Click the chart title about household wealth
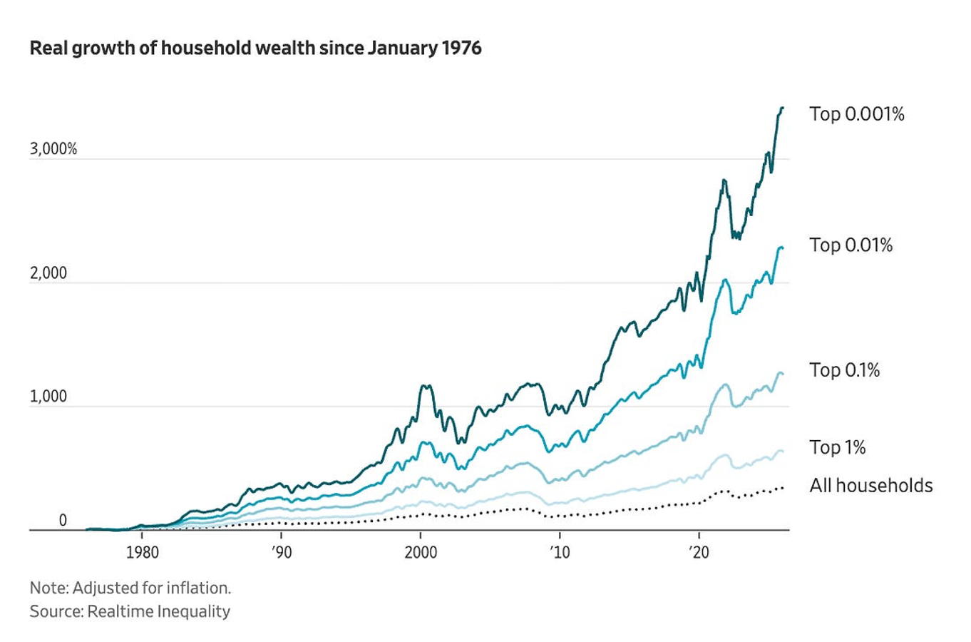[255, 49]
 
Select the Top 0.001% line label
[856, 114]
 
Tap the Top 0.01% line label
[851, 245]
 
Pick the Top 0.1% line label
[844, 370]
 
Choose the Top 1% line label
[838, 447]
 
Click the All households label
[871, 485]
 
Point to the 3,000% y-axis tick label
[53, 149]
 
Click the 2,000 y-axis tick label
[48, 273]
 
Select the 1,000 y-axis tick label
[48, 397]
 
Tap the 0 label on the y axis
[63, 520]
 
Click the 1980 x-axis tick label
[142, 553]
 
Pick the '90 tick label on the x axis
[282, 553]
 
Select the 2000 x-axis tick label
[421, 553]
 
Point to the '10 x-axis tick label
[560, 553]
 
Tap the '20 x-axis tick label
[699, 553]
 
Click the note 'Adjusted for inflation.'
[152, 588]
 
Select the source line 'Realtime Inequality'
[159, 611]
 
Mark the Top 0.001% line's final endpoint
[783, 108]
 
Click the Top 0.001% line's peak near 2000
[425, 385]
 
